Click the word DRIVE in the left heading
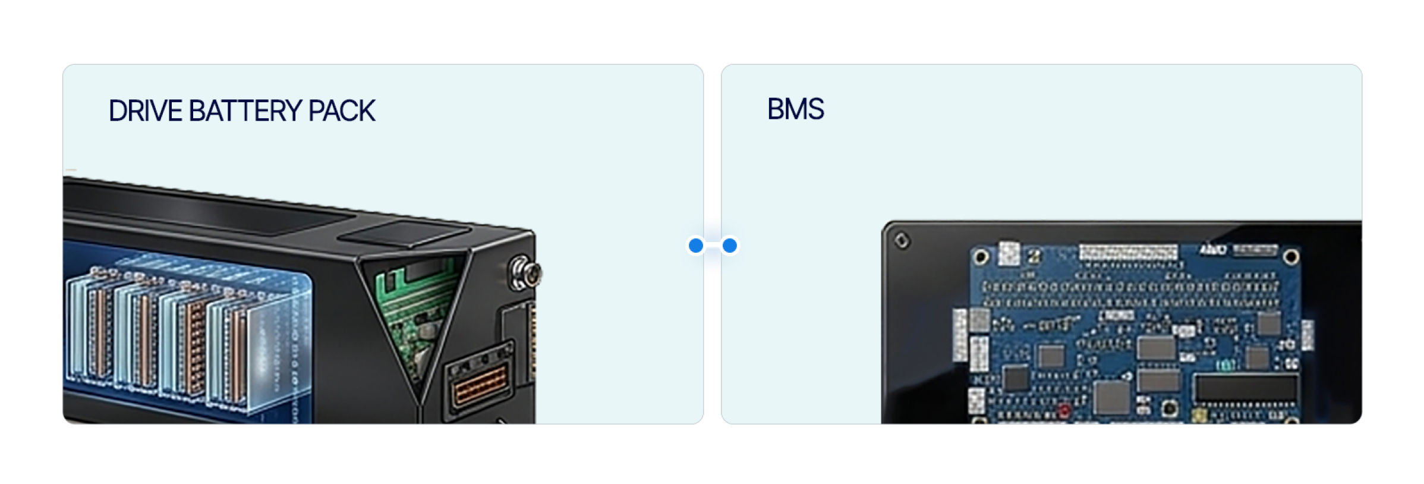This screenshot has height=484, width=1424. (x=145, y=111)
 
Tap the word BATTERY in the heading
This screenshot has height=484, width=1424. (x=245, y=111)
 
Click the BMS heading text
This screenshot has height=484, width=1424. (x=795, y=109)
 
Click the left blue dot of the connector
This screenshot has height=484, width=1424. (x=696, y=245)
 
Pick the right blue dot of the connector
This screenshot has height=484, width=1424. (x=730, y=245)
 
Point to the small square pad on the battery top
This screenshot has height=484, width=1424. (x=404, y=233)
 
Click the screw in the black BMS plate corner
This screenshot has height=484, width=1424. (x=902, y=241)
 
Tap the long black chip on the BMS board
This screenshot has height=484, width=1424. (x=1246, y=387)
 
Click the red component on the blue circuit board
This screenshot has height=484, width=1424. (x=1064, y=410)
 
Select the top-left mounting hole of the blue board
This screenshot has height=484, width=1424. (x=981, y=257)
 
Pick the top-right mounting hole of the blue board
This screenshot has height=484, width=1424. (x=1291, y=257)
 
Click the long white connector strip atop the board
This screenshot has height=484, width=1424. (x=1127, y=252)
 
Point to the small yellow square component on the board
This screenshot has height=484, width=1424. (x=1199, y=414)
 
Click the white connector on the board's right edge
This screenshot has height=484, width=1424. (x=1308, y=334)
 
